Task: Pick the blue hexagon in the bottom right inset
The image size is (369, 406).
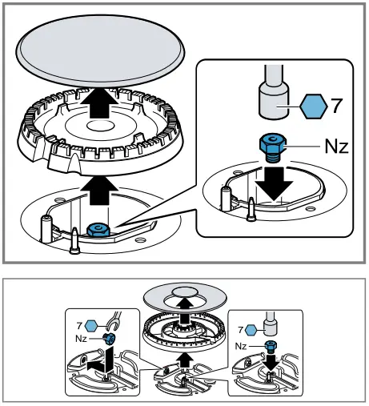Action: click(251, 329)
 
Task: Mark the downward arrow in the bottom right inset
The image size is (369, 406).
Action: click(270, 361)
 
